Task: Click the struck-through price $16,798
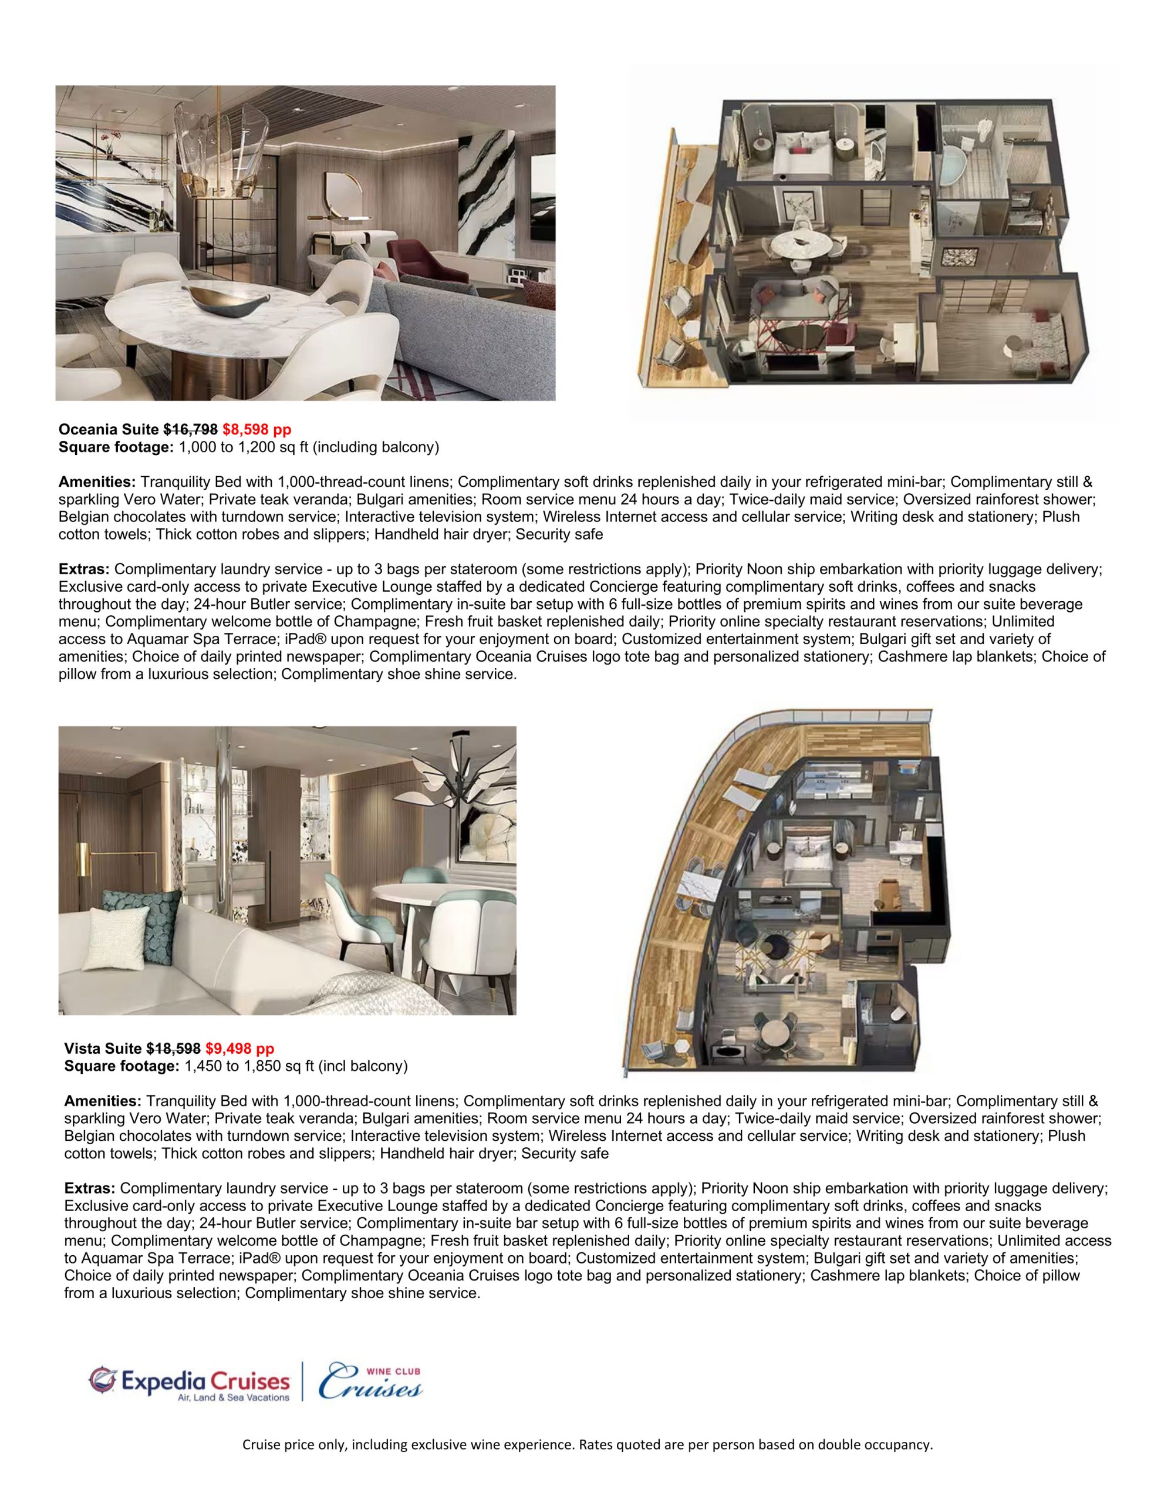pyautogui.click(x=191, y=429)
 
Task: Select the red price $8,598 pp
pyautogui.click(x=256, y=429)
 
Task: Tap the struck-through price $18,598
pyautogui.click(x=173, y=1048)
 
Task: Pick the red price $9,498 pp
pyautogui.click(x=239, y=1048)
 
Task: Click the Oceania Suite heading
pyautogui.click(x=109, y=429)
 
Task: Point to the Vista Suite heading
pyautogui.click(x=103, y=1048)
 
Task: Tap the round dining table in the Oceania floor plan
pyautogui.click(x=798, y=244)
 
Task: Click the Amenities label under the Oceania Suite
pyautogui.click(x=97, y=482)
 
